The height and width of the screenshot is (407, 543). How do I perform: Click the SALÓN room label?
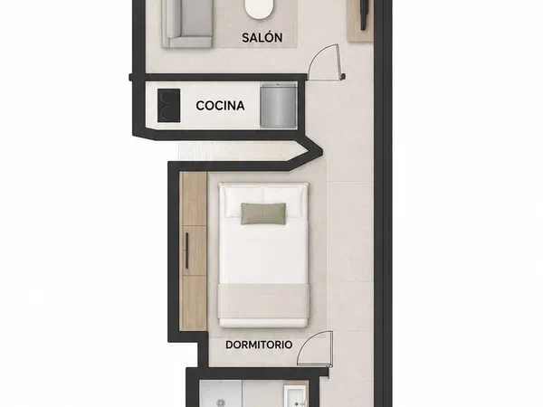[262, 37]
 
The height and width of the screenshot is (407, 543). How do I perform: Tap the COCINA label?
[220, 106]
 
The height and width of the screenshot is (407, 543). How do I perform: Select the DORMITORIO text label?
[259, 345]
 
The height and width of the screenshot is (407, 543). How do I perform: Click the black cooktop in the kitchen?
[168, 106]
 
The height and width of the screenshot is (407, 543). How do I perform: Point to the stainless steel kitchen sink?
[279, 105]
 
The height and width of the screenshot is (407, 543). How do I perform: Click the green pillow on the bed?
[263, 213]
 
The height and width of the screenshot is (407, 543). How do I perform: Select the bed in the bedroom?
[263, 255]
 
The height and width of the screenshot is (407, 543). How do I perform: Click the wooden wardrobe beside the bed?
[194, 251]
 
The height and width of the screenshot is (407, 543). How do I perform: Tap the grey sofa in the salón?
[187, 24]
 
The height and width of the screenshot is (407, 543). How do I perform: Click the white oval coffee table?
[259, 9]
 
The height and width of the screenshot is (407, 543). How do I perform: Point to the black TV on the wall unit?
[365, 14]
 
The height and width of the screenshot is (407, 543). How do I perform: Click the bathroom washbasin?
[295, 397]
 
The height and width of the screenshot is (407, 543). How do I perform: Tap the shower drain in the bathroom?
[221, 402]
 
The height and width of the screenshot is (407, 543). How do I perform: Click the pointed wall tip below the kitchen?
[322, 151]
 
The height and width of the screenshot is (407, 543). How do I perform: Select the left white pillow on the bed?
[245, 203]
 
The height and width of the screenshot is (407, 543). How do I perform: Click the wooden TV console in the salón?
[360, 21]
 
